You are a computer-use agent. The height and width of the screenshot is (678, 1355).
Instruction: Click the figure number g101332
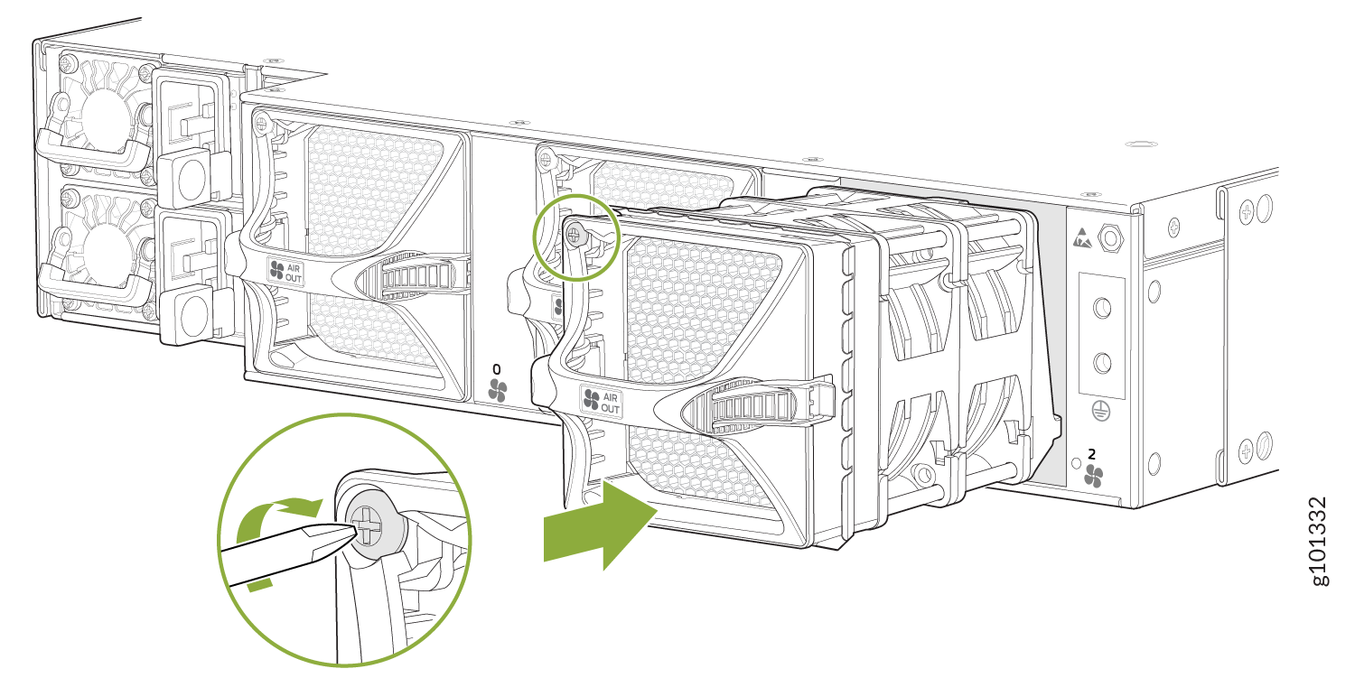point(1317,542)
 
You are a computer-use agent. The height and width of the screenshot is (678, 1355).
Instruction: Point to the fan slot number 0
point(497,369)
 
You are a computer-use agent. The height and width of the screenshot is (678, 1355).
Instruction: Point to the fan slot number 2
point(1091,453)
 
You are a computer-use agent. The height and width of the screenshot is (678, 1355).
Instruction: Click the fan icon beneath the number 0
point(497,391)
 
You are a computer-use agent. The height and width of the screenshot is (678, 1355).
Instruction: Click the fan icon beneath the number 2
point(1092,476)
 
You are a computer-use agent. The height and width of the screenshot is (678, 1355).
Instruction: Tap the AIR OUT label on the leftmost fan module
point(285,272)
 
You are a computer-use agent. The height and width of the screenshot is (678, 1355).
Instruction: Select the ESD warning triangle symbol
point(1081,238)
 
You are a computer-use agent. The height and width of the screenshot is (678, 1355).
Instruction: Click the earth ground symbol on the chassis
point(1101,412)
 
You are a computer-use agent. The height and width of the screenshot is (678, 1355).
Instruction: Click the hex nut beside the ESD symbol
point(1110,237)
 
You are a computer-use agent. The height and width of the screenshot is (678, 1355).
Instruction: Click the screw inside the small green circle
point(575,234)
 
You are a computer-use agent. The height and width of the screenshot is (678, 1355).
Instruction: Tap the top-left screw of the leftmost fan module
point(261,124)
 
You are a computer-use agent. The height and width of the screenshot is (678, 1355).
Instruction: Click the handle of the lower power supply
point(94,284)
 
